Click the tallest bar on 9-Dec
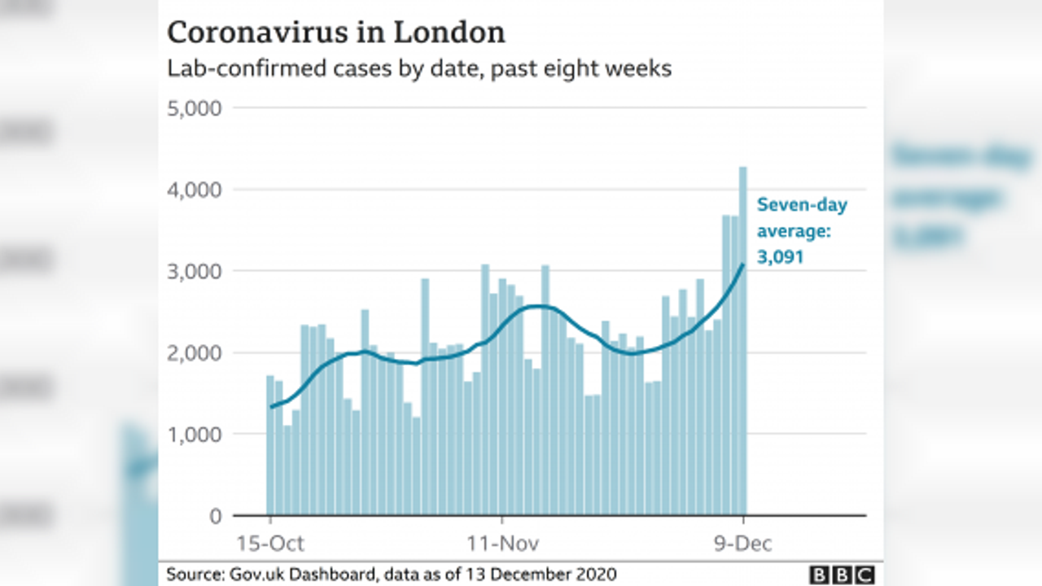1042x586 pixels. coord(742,342)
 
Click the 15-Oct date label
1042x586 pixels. coord(269,543)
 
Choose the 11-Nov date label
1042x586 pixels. coord(502,543)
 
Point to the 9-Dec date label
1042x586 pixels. coord(743,543)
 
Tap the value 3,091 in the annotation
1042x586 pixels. coord(781,257)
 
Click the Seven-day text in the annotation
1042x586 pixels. coord(802,205)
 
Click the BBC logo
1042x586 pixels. coord(842,574)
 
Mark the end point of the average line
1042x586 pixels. coord(742,265)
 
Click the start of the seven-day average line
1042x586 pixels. coord(271,406)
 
